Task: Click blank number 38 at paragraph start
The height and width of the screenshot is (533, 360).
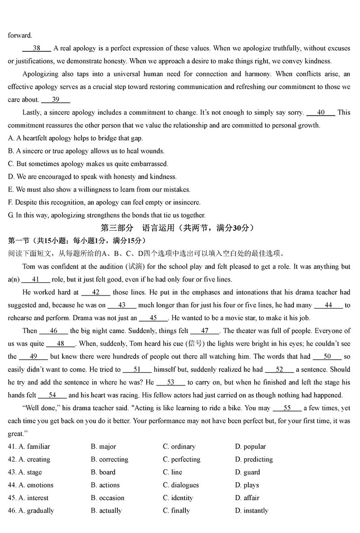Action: [36, 48]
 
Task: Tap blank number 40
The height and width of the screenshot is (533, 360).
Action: [320, 112]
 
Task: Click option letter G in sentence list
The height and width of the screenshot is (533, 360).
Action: [11, 215]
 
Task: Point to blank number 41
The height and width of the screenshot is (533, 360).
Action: [36, 279]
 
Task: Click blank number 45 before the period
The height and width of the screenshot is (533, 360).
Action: [153, 318]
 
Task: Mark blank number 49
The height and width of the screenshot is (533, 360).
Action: [33, 356]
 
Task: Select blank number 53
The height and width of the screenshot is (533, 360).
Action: [170, 382]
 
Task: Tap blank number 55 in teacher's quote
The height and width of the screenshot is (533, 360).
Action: [287, 408]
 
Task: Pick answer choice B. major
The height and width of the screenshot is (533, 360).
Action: [103, 447]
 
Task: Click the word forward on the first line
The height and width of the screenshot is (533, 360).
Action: [20, 36]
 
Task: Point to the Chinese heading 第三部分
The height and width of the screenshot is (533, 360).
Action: [117, 228]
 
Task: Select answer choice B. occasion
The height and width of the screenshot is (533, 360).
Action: [108, 498]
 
